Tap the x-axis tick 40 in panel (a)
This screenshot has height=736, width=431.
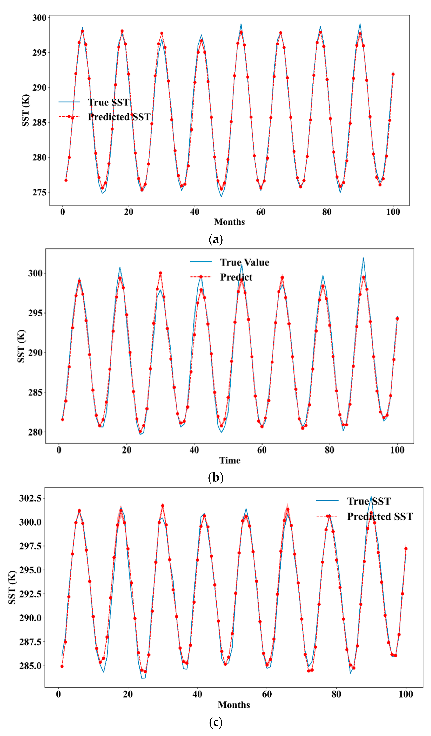click(195, 212)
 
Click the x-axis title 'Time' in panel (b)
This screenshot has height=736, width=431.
click(230, 461)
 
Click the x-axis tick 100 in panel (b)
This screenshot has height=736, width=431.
click(397, 450)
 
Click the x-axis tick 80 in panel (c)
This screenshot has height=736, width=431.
click(336, 694)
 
